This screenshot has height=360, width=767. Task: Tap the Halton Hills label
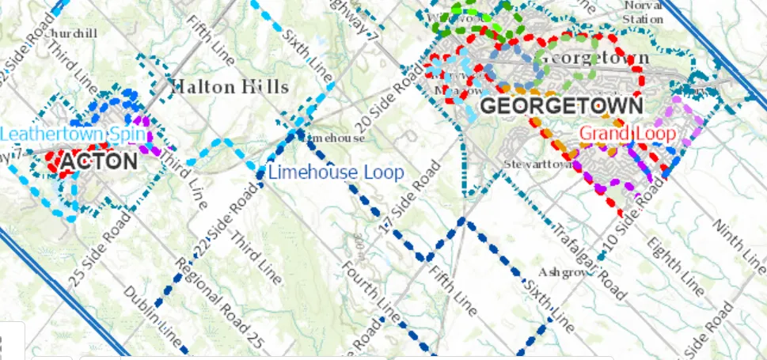click(230, 86)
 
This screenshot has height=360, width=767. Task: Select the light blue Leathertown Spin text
click(73, 134)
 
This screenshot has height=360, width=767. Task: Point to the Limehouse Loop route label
click(336, 172)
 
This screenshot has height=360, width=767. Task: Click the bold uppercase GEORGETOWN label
click(561, 104)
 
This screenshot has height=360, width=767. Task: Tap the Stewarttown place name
click(536, 165)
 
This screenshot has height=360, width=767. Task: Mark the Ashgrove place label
click(567, 271)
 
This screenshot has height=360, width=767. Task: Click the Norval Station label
click(644, 13)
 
